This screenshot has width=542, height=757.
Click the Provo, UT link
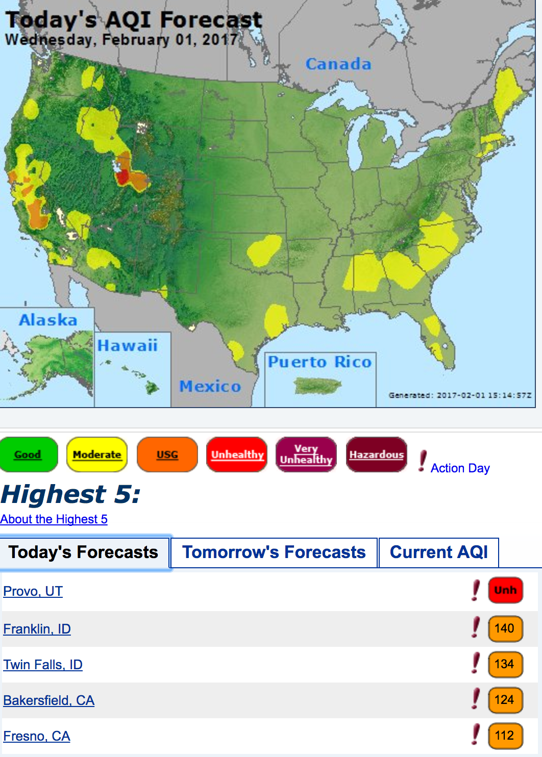[x=33, y=591]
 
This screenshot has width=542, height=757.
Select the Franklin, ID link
[x=37, y=629]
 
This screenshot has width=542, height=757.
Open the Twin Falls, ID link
[x=43, y=665]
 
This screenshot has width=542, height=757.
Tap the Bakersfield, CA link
[x=49, y=700]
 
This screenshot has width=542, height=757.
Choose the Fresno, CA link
[x=37, y=736]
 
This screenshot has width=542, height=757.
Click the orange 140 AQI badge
[x=505, y=628]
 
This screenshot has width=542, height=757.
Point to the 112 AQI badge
[x=505, y=736]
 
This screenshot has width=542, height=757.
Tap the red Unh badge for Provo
[x=505, y=590]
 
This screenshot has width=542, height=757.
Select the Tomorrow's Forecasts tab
[x=274, y=552]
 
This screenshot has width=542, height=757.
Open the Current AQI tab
[x=438, y=552]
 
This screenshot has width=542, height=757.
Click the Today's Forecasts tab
[x=84, y=552]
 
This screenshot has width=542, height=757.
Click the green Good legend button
[x=28, y=455]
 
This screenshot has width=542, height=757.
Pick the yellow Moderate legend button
[x=97, y=455]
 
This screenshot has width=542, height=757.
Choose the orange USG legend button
[x=167, y=455]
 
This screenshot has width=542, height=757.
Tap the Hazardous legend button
[x=377, y=455]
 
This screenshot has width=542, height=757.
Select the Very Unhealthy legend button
[x=306, y=455]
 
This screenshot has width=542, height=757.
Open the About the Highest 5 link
[x=54, y=519]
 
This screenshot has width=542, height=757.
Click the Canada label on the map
[x=338, y=64]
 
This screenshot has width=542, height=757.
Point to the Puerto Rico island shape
[x=317, y=386]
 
